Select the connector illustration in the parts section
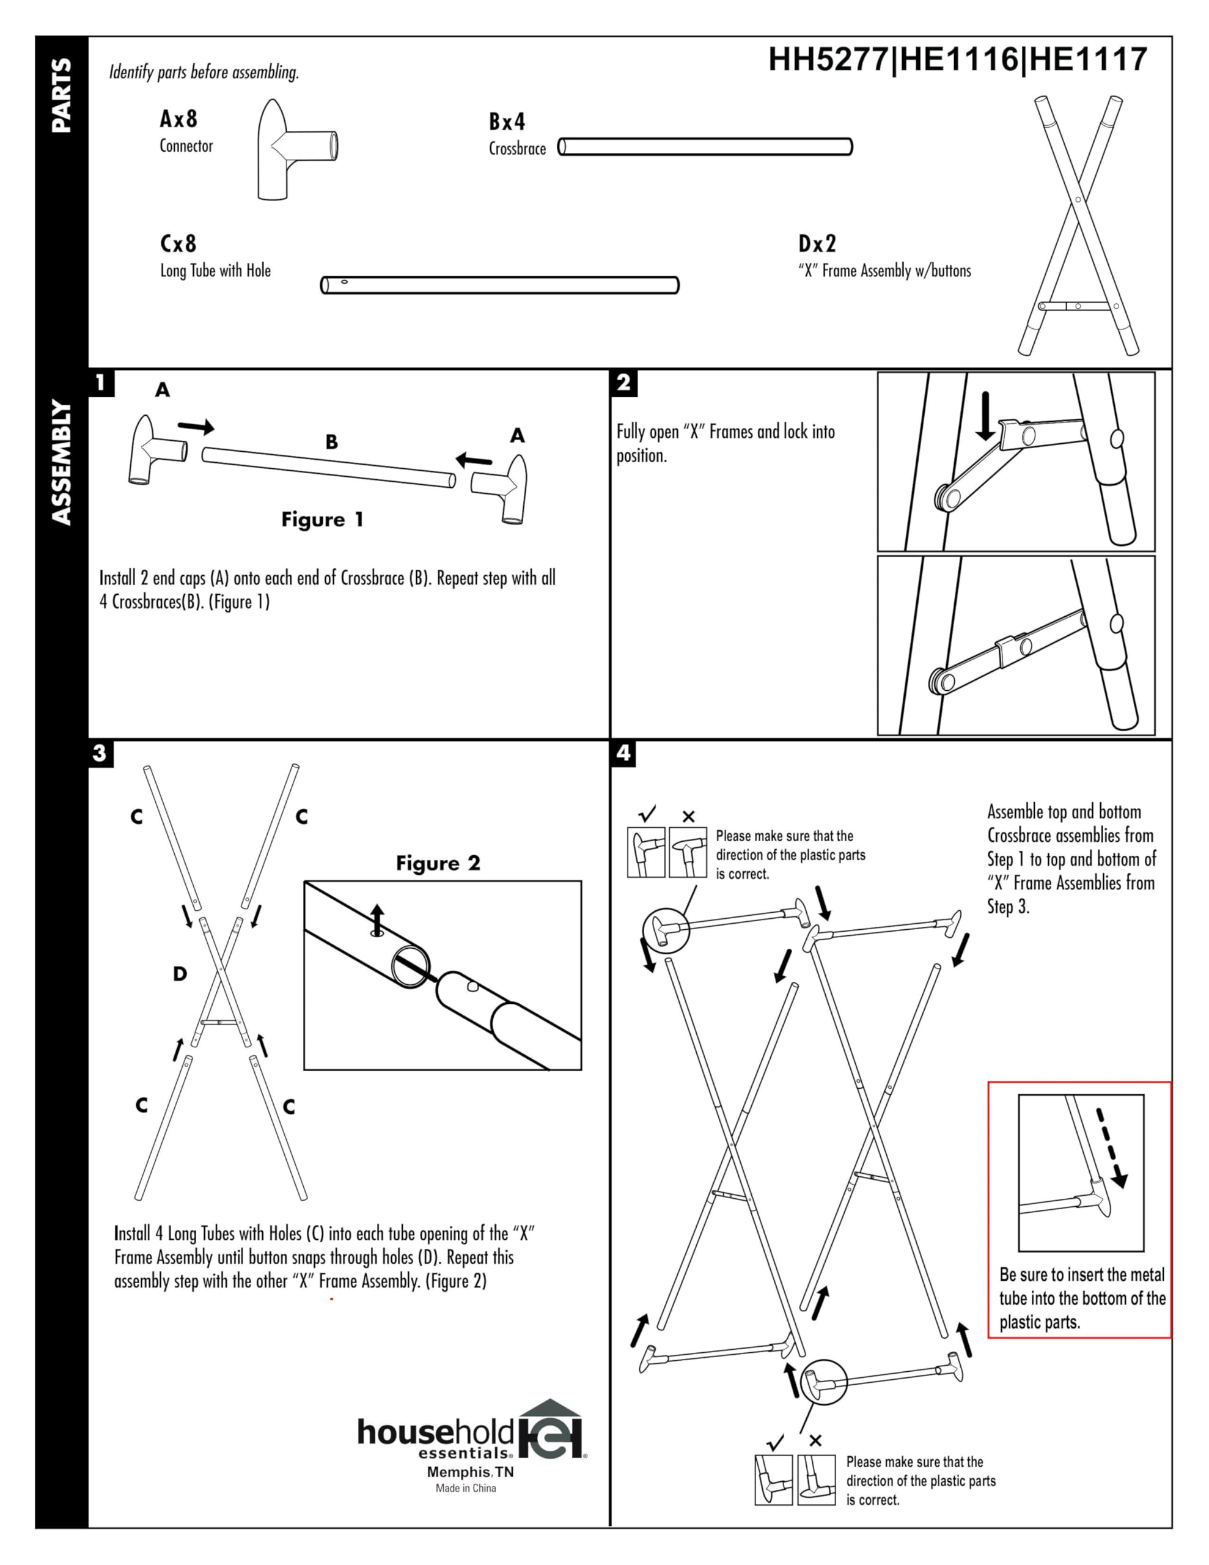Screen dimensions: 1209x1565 [x=296, y=149]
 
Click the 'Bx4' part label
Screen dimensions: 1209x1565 [x=507, y=122]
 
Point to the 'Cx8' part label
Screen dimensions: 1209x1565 [x=178, y=244]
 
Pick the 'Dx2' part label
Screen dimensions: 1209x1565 [x=817, y=244]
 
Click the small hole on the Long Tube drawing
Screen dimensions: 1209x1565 [x=344, y=282]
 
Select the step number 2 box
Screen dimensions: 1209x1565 [x=623, y=383]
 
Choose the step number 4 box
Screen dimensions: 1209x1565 [x=623, y=753]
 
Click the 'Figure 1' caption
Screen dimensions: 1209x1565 [x=323, y=519]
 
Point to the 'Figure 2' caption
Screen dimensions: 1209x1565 [x=438, y=863]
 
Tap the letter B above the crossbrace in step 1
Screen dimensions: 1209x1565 [x=331, y=441]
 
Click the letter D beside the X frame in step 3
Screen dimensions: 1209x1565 [x=180, y=973]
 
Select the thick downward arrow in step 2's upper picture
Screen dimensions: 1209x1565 [x=985, y=416]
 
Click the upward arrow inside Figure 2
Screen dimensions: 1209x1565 [x=377, y=920]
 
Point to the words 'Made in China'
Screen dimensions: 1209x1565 [x=466, y=1487]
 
